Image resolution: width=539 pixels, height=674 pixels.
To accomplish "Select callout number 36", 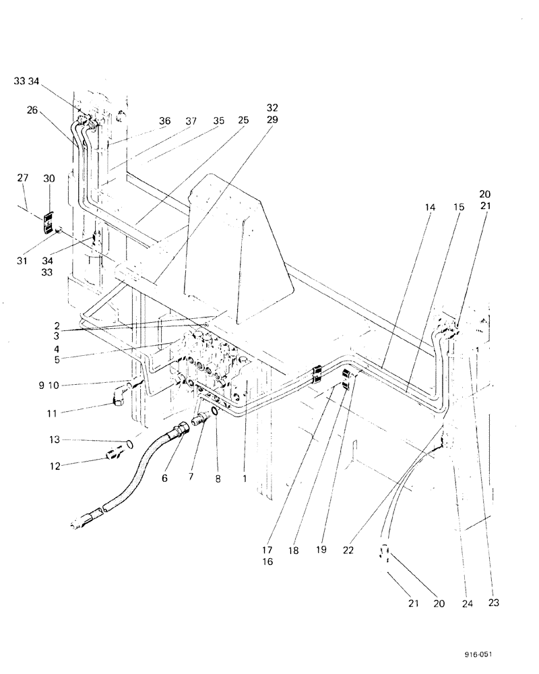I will [x=165, y=121].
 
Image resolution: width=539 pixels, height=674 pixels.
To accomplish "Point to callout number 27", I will [x=23, y=178].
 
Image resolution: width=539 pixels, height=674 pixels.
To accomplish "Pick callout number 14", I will [x=431, y=208].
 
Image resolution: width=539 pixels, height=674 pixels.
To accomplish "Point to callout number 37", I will [x=191, y=121].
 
